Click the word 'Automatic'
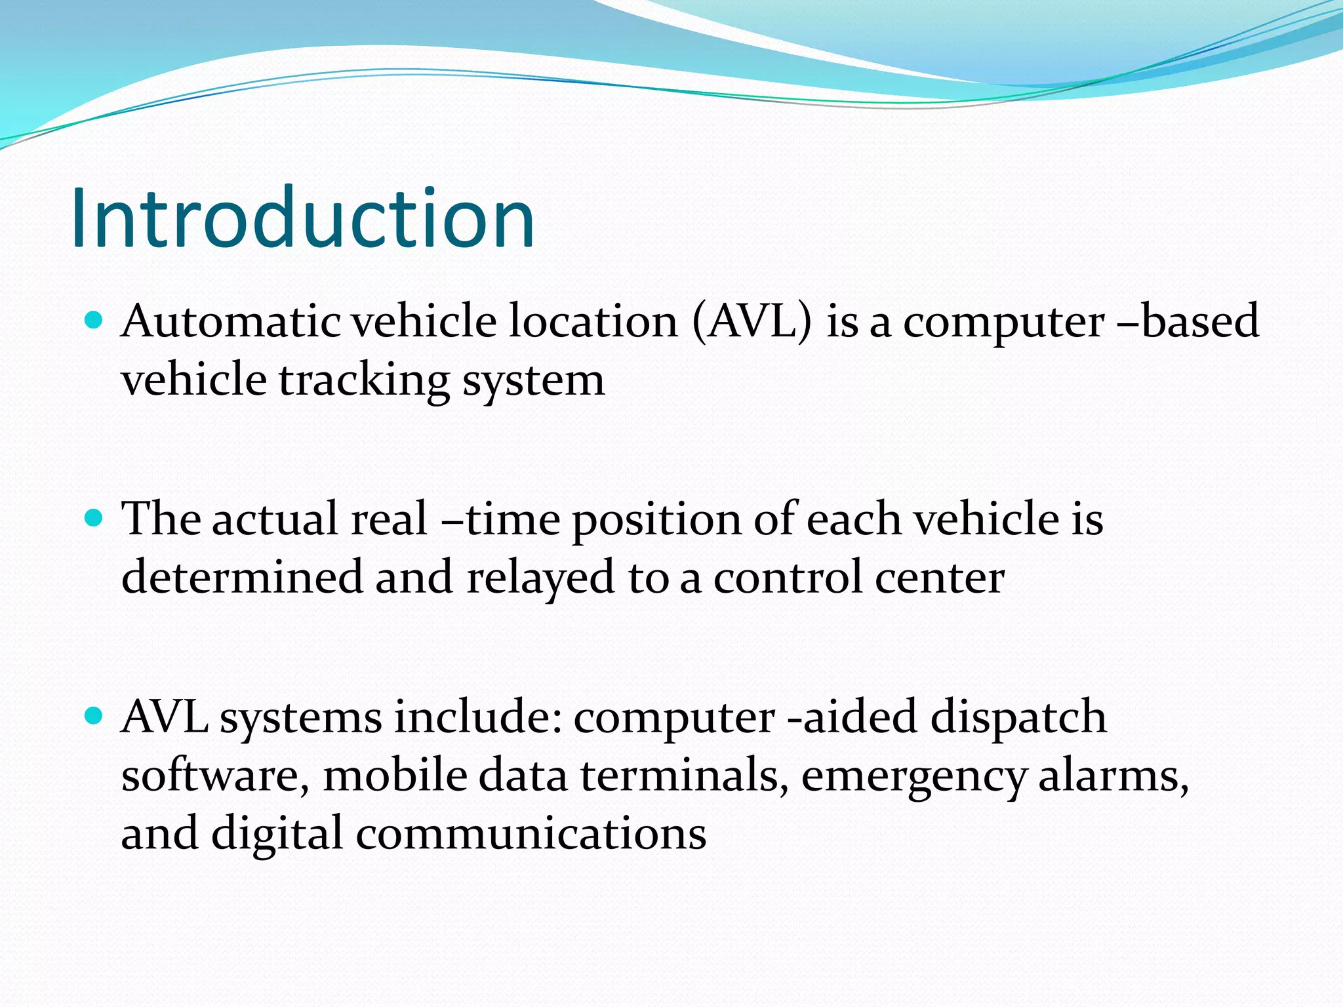click(231, 322)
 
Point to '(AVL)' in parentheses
click(752, 322)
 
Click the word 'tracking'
click(365, 382)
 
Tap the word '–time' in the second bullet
click(501, 520)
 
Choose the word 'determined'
click(242, 578)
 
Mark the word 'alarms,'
click(1113, 776)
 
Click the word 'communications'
click(531, 834)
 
